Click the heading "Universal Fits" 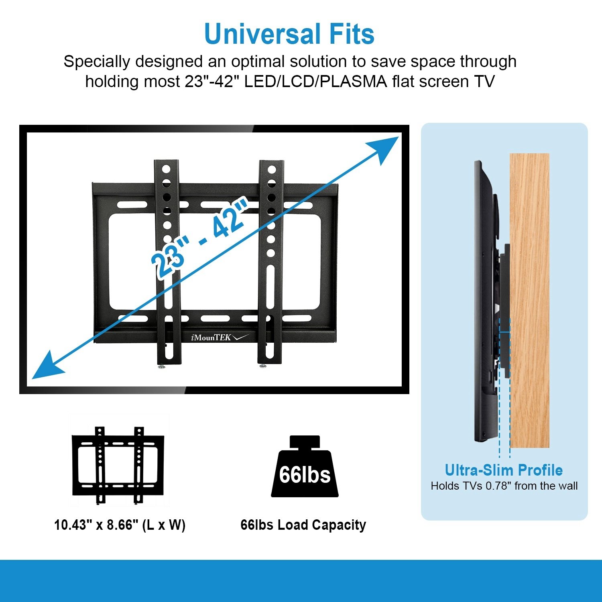[289, 34]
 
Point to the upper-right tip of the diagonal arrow [398, 137]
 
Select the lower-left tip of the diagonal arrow [33, 378]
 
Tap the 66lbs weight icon [305, 467]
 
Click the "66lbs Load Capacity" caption [303, 525]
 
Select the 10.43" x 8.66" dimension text [120, 525]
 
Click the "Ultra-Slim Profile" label [504, 470]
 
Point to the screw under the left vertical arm [162, 367]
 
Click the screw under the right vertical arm [263, 366]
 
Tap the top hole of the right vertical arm [272, 170]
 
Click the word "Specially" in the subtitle [97, 62]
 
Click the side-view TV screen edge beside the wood [479, 301]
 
